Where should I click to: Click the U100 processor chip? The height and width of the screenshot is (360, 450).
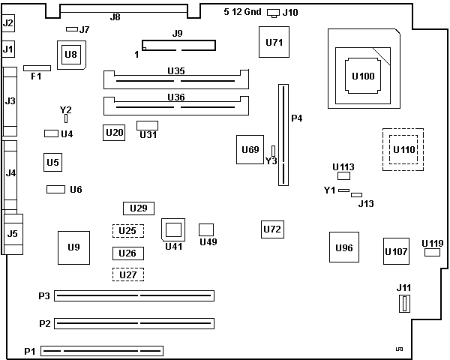tap(364, 76)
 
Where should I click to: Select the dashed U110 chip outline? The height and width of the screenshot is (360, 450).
tap(403, 149)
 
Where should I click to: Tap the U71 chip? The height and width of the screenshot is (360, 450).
tap(274, 42)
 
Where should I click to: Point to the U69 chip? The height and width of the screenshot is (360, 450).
tap(250, 150)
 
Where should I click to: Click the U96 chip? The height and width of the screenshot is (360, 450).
tap(344, 247)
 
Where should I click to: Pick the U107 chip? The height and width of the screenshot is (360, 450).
tap(396, 251)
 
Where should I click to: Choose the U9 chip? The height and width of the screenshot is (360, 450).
tap(73, 247)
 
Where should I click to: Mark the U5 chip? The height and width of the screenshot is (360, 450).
tap(52, 161)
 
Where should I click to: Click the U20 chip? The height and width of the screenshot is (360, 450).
tap(115, 133)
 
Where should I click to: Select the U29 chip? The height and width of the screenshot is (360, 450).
tap(138, 208)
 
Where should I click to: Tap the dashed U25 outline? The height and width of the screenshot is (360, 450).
tap(128, 231)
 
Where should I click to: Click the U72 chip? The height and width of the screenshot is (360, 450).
tap(272, 229)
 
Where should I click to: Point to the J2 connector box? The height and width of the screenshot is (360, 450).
tap(8, 24)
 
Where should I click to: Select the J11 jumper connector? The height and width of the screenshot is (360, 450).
tap(404, 304)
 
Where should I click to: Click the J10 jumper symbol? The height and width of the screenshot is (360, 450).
tap(273, 13)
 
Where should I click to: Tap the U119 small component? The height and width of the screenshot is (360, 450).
tap(432, 253)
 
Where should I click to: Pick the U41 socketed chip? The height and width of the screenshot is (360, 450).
tap(173, 229)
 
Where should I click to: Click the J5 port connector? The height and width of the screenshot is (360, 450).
tap(13, 234)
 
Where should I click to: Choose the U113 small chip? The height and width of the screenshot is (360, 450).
tap(344, 176)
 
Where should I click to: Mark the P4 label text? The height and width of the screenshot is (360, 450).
tap(296, 118)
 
